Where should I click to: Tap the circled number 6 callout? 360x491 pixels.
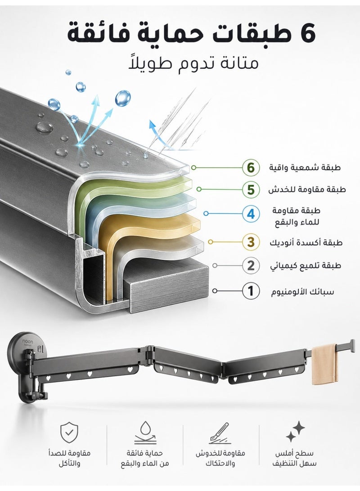[251, 168]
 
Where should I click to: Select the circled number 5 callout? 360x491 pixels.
[251, 189]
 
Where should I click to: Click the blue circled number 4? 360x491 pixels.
[251, 214]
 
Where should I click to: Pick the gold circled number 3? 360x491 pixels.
[251, 242]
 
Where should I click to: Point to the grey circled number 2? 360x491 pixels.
[251, 266]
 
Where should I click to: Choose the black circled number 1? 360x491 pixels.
[251, 291]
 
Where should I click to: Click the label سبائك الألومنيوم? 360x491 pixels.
[302, 292]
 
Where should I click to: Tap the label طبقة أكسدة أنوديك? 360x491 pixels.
[306, 243]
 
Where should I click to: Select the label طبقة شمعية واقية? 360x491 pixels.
[305, 168]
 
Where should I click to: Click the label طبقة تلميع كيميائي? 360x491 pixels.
[306, 266]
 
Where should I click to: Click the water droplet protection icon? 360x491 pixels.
[145, 433]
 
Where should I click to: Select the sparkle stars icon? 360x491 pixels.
[295, 431]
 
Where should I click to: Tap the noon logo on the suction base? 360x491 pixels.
[27, 342]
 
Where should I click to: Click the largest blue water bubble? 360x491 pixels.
[122, 98]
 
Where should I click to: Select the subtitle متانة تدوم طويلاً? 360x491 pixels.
[193, 63]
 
